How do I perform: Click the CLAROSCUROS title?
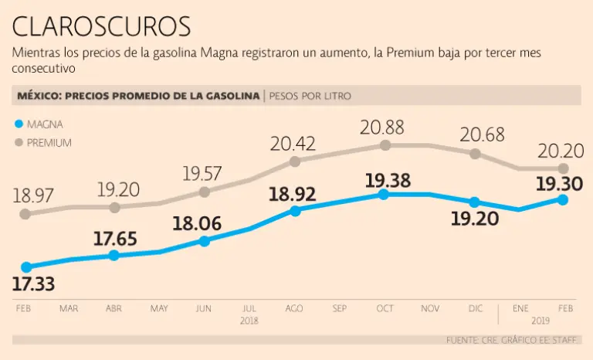(101, 26)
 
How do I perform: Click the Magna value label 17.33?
(34, 284)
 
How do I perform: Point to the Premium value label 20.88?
(386, 127)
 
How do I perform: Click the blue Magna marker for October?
(385, 195)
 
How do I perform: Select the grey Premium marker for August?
(294, 161)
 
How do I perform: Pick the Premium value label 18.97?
(34, 195)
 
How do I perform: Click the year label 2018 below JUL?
(249, 320)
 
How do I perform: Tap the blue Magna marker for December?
(475, 202)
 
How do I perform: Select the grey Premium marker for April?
(114, 207)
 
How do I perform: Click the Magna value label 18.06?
(197, 225)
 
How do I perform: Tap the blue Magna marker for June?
(204, 241)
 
